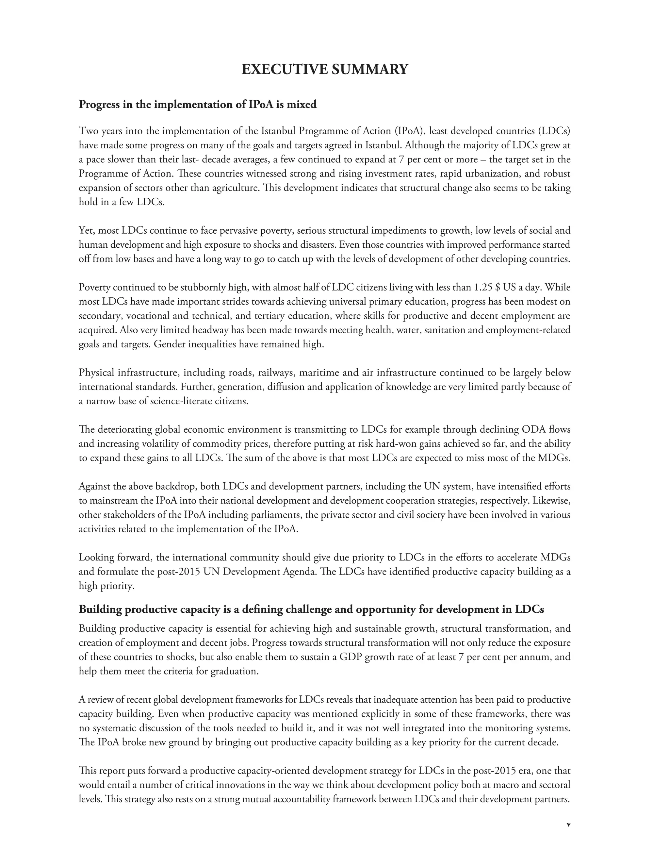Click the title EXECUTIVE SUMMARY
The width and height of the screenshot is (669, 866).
(x=325, y=69)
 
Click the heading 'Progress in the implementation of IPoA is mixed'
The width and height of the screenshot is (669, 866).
(x=198, y=104)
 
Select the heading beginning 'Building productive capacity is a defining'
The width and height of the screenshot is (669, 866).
(x=311, y=609)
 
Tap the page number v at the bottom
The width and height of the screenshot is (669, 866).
(x=568, y=824)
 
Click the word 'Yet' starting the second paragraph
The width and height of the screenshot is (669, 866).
(x=86, y=230)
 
